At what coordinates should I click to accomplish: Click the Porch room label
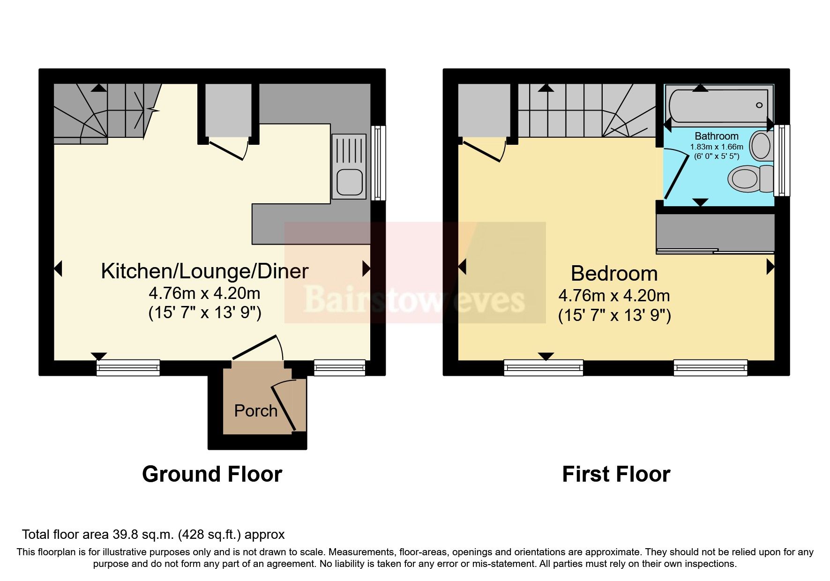pos(255,411)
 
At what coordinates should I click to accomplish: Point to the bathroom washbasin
pos(760,146)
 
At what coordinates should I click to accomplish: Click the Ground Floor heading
pos(212,474)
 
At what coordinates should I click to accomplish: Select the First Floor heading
pos(616,474)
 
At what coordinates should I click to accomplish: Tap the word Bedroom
pos(614,274)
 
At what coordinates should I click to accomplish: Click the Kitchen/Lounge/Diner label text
pos(205,271)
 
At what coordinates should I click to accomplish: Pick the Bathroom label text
pos(716,136)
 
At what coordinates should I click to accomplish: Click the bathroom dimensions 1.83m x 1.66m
pos(716,147)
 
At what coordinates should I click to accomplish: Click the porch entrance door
pos(284,406)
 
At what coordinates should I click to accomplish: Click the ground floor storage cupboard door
pos(226,149)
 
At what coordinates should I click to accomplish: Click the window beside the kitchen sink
pos(378,163)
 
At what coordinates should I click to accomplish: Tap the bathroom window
pos(782,160)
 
